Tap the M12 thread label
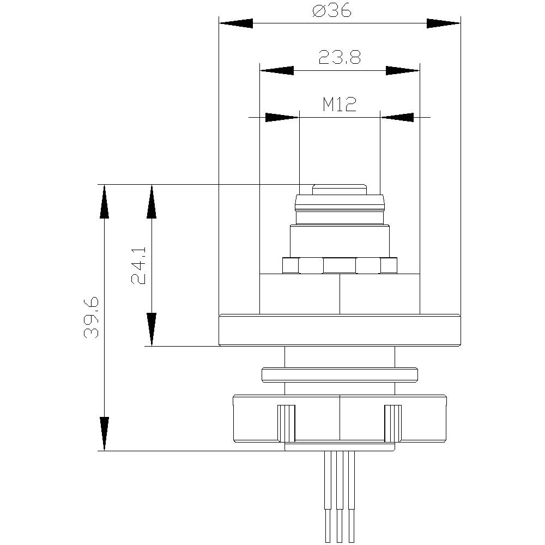[x=339, y=104]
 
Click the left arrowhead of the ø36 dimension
[x=235, y=23]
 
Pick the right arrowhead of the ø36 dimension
[x=443, y=23]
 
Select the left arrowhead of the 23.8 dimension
[x=276, y=70]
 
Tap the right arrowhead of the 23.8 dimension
[x=403, y=70]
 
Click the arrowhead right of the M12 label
[x=397, y=117]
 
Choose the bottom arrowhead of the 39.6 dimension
[x=104, y=434]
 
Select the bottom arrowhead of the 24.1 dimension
[x=152, y=329]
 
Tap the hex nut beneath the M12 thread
[x=340, y=265]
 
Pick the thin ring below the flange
[x=340, y=375]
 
